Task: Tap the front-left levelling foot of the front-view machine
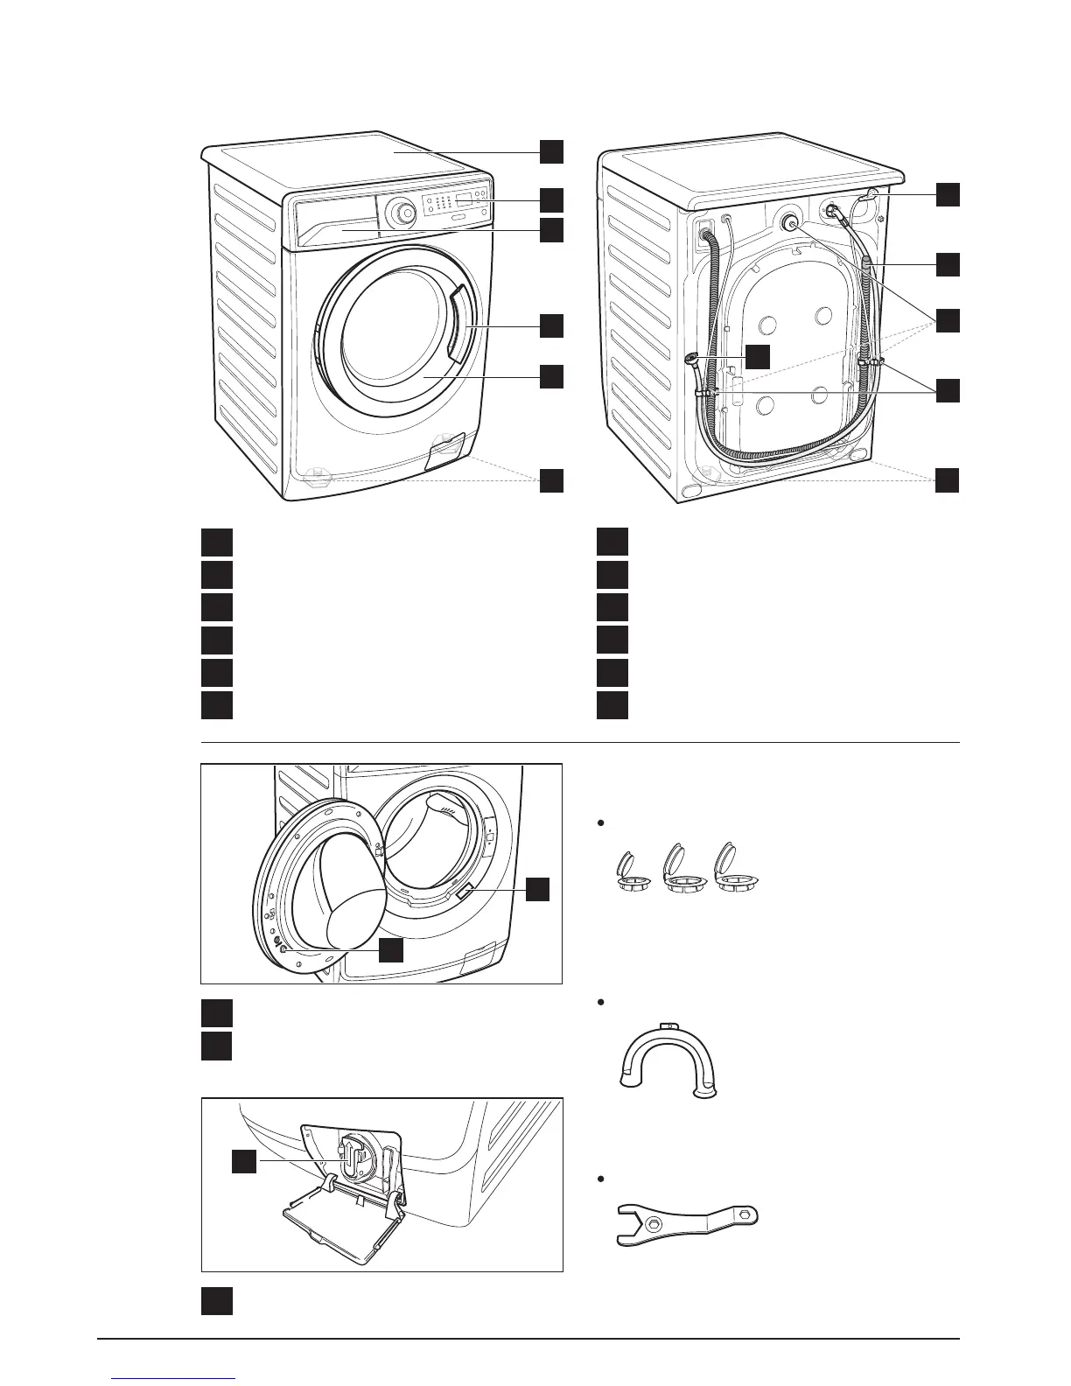pyautogui.click(x=318, y=477)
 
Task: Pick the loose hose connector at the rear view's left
pyautogui.click(x=692, y=358)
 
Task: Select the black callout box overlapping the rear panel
pyautogui.click(x=759, y=356)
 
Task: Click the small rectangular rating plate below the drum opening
pyautogui.click(x=465, y=892)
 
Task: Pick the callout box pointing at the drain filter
pyautogui.click(x=244, y=1161)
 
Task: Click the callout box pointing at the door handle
pyautogui.click(x=550, y=325)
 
